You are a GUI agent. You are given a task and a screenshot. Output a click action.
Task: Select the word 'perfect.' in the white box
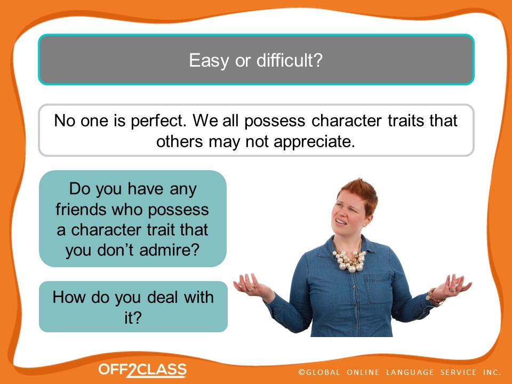click(159, 121)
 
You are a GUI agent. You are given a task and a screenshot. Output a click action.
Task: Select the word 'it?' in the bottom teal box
click(133, 317)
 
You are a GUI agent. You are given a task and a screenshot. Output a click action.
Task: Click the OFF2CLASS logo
click(142, 370)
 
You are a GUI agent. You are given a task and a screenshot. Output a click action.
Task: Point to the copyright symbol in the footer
click(301, 372)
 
